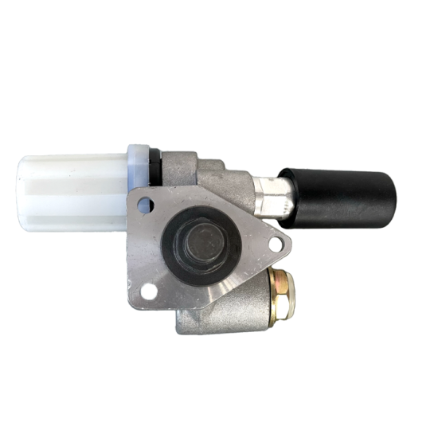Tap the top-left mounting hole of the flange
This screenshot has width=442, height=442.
[x=144, y=205]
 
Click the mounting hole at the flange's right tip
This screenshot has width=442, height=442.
[x=276, y=244]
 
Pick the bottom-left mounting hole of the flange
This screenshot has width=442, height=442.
[x=148, y=291]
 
